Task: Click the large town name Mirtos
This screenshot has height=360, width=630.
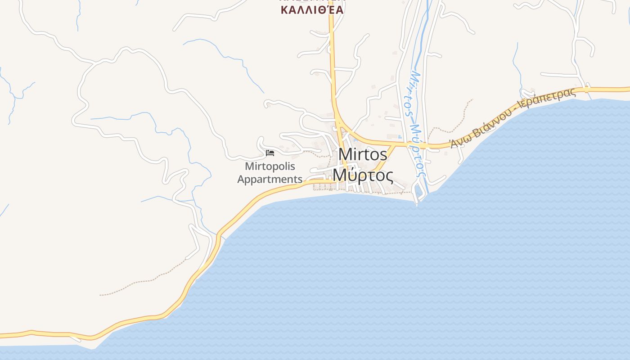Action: point(362,154)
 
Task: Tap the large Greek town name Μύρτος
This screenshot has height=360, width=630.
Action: point(363,175)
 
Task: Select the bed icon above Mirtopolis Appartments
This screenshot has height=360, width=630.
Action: point(270,153)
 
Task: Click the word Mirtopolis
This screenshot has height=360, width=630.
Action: point(270,166)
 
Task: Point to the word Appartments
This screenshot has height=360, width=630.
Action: point(270,179)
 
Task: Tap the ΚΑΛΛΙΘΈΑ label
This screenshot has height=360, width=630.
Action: point(312,9)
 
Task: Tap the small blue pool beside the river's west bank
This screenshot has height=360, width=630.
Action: point(400,136)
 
